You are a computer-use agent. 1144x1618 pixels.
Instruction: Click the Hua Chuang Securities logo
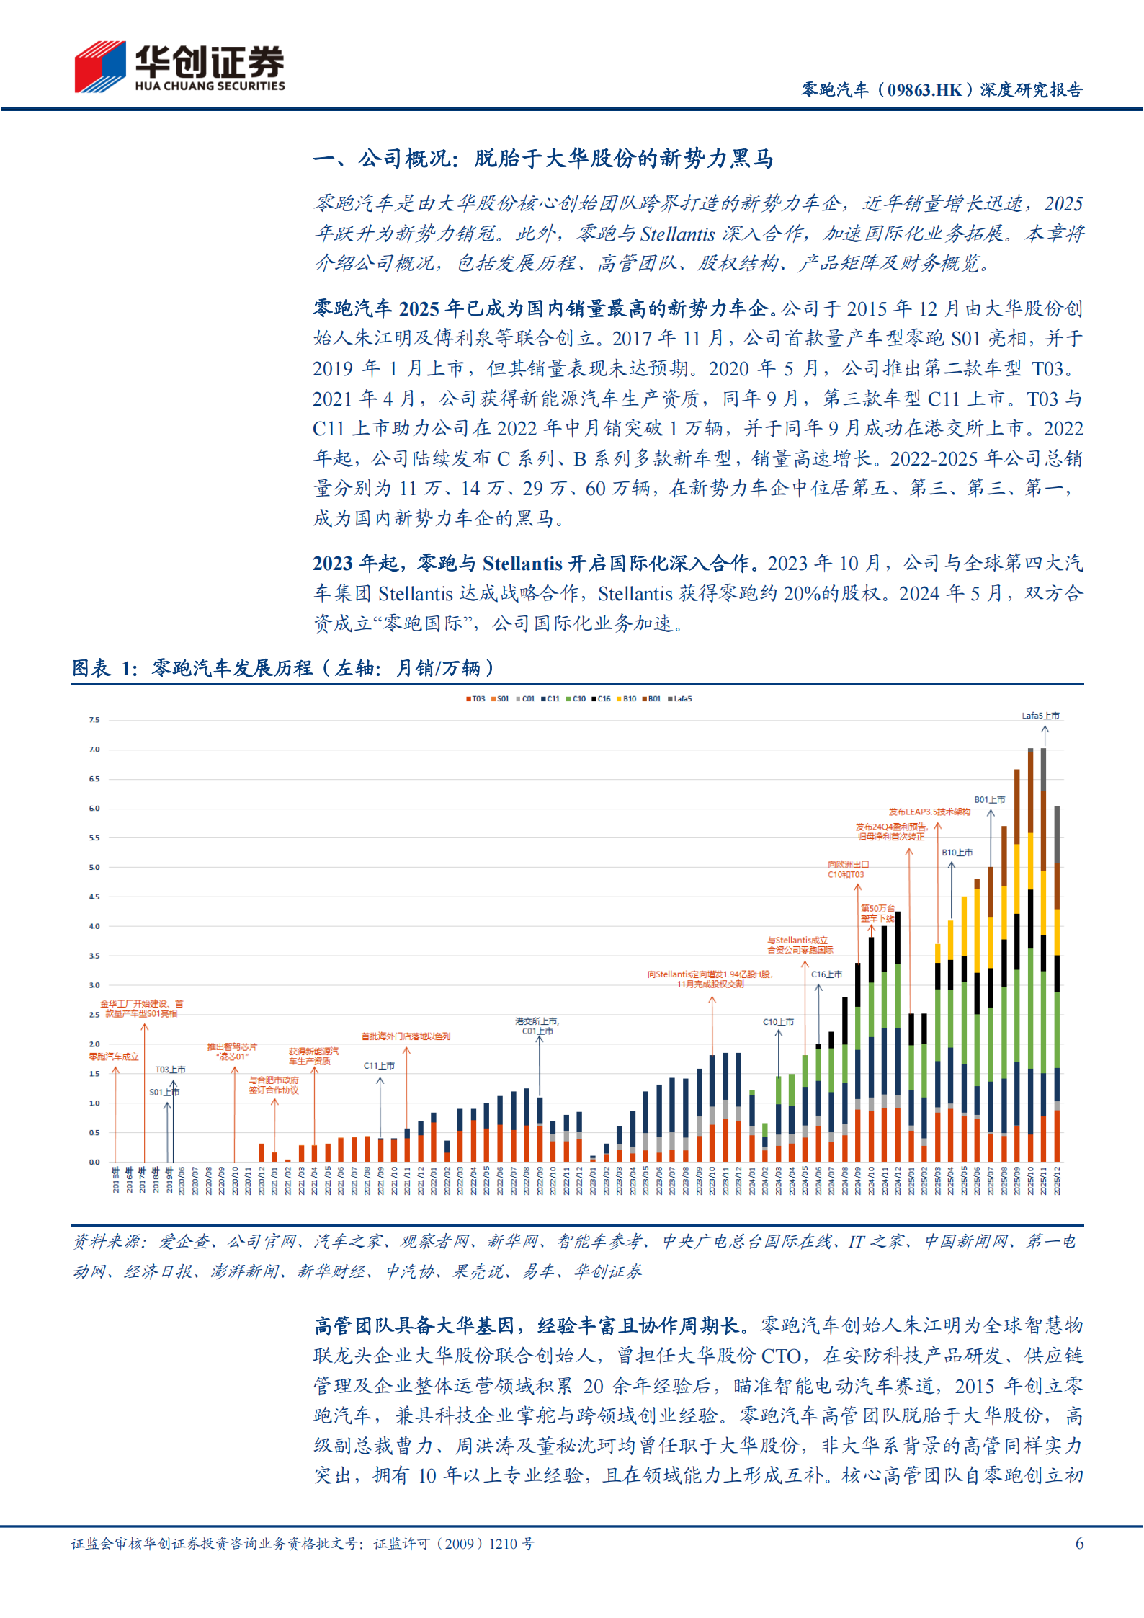click(x=179, y=66)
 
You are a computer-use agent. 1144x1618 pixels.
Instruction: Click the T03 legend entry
click(x=475, y=698)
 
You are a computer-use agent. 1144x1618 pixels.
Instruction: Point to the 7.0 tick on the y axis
click(x=94, y=750)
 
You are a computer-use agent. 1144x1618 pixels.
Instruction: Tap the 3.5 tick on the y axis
click(x=94, y=956)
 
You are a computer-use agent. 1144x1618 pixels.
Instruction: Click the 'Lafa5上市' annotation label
click(x=1040, y=716)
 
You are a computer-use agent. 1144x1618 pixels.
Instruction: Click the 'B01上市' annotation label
click(x=989, y=799)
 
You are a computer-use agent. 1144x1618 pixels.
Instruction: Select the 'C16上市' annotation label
click(x=826, y=974)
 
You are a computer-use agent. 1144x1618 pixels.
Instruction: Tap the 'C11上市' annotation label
click(x=379, y=1065)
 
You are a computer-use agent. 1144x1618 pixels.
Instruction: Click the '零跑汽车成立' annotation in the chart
click(x=114, y=1057)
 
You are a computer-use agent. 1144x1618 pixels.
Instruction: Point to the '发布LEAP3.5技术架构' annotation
click(x=929, y=812)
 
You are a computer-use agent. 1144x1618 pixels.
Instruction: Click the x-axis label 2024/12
click(x=898, y=1181)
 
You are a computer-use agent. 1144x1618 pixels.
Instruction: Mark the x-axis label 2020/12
click(x=262, y=1181)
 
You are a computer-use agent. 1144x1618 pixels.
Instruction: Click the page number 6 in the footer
click(x=1079, y=1543)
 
